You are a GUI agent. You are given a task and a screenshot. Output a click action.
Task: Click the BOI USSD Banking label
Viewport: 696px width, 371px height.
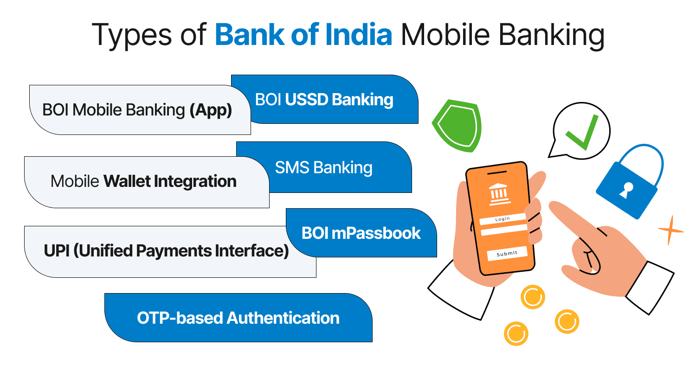click(324, 99)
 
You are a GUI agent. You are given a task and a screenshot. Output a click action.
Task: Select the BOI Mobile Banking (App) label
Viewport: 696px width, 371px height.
click(137, 110)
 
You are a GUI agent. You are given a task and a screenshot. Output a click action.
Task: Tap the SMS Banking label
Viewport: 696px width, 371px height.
click(323, 167)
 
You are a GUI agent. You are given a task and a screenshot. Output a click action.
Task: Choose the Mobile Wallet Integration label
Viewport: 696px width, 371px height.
click(143, 181)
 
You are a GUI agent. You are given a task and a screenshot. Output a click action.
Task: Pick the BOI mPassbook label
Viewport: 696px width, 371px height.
click(361, 232)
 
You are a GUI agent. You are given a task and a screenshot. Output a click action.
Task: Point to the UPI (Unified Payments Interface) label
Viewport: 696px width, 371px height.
click(166, 251)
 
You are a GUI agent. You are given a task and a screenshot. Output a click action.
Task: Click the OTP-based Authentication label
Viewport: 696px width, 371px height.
click(238, 318)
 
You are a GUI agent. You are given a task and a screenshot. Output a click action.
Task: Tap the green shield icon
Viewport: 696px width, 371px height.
click(456, 124)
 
